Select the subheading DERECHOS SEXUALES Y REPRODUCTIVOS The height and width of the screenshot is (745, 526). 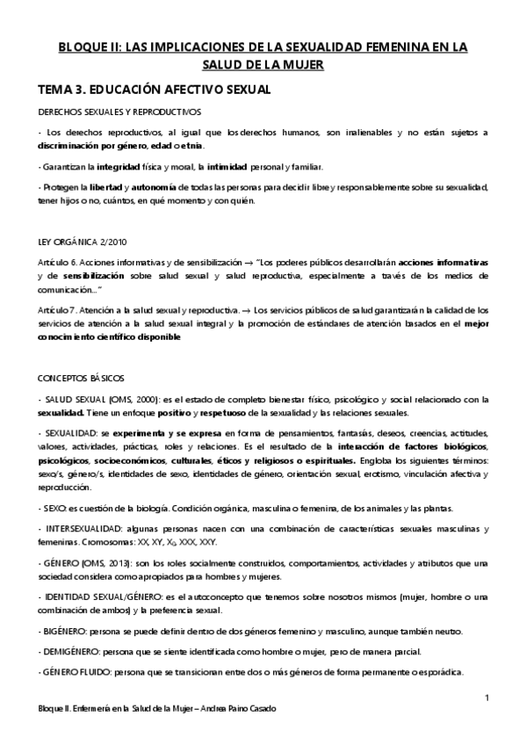(119, 112)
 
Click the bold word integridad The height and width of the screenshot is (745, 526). (122, 167)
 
